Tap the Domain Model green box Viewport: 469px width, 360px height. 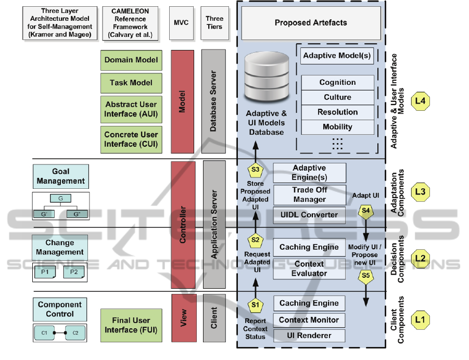(131, 60)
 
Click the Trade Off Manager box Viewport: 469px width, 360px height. (309, 195)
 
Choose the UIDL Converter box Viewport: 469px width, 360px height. (309, 214)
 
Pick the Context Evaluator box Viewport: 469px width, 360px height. (309, 268)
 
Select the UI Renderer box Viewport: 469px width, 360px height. (309, 336)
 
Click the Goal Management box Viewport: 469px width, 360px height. (60, 176)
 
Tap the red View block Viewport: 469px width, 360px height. (183, 317)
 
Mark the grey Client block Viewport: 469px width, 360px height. (213, 317)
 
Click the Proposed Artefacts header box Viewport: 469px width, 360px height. (311, 23)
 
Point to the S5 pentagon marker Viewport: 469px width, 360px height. (366, 276)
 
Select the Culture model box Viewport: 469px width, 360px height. (337, 97)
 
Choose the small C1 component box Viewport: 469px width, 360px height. (44, 332)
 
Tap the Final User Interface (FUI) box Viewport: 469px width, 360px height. (131, 325)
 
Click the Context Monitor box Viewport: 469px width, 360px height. (309, 320)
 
